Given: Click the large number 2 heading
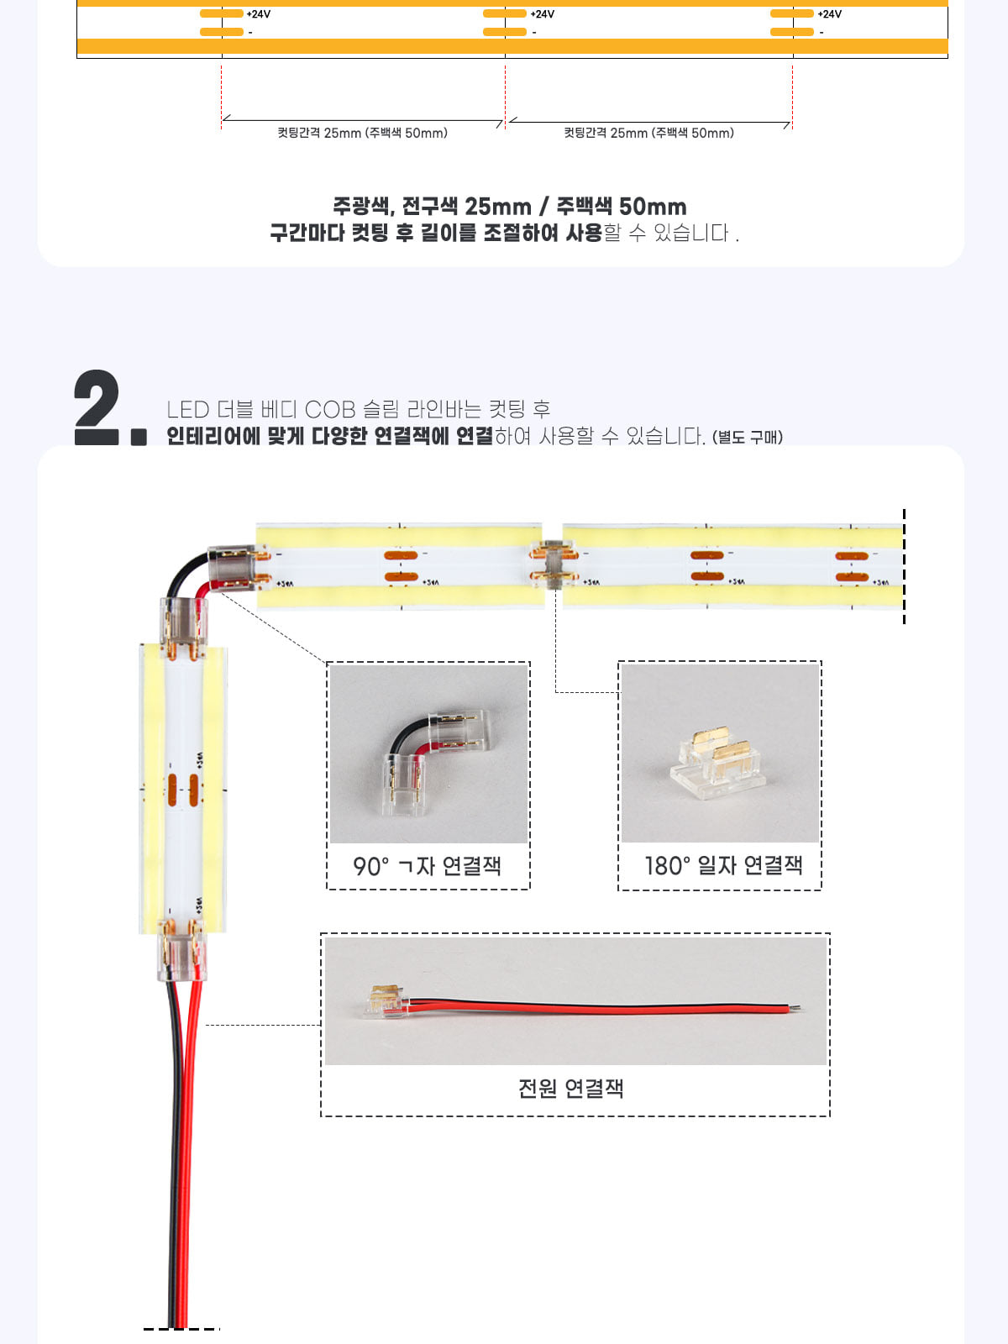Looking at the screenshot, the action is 97,407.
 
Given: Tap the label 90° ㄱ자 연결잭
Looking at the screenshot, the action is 428,866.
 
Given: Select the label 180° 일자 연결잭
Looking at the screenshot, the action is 722,865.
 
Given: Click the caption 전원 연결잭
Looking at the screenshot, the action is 570,1088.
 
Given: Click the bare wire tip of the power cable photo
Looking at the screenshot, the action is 795,1007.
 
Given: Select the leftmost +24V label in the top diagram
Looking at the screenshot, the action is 258,14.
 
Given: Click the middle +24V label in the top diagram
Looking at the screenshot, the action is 543,14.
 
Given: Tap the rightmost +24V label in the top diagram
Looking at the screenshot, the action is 829,14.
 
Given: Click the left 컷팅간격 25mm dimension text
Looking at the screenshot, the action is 362,133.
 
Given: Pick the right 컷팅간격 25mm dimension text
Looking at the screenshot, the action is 648,133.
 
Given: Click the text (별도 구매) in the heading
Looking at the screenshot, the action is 748,437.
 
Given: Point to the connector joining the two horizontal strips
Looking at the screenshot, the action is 554,564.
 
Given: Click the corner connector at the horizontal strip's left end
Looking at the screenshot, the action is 236,569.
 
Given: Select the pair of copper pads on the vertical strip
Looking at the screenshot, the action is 183,790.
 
